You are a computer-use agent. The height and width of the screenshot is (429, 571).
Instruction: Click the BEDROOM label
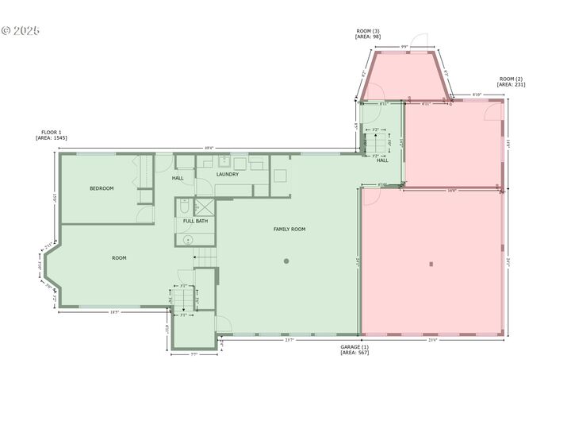click(x=102, y=188)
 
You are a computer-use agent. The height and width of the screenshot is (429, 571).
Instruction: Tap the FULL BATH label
click(x=195, y=221)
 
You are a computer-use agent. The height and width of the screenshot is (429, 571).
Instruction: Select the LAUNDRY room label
click(x=228, y=174)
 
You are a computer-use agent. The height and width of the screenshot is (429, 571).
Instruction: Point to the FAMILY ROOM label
click(x=289, y=230)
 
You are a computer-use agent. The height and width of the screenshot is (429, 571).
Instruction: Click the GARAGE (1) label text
click(x=354, y=347)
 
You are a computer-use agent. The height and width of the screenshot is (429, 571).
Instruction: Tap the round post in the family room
click(x=287, y=261)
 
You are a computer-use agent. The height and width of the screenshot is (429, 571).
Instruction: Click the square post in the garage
click(x=431, y=264)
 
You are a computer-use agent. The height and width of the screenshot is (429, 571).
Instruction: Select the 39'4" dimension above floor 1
click(x=209, y=148)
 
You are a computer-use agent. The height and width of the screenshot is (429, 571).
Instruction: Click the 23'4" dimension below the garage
click(x=432, y=339)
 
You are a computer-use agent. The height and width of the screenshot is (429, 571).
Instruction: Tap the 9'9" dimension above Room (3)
click(x=404, y=47)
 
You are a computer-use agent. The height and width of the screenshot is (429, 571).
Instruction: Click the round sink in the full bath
click(x=189, y=239)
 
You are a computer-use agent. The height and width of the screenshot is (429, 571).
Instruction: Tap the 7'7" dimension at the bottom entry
click(x=194, y=354)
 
